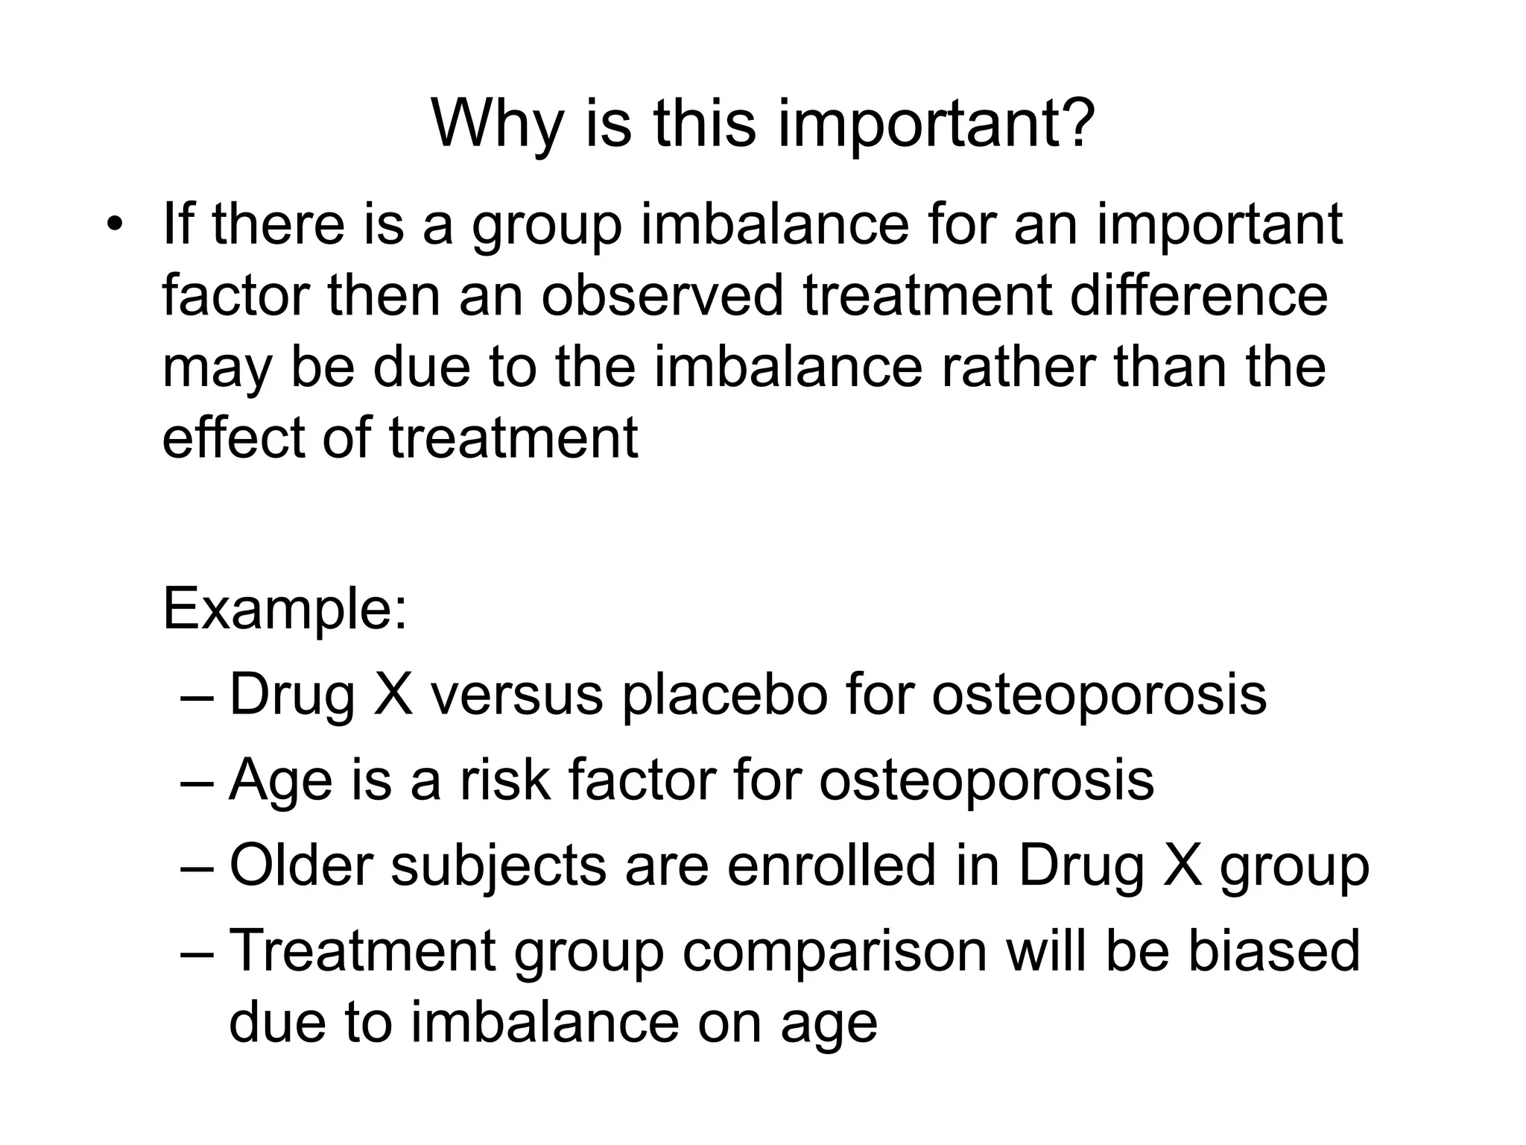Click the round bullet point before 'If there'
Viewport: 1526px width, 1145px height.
(113, 224)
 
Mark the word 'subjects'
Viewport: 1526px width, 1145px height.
(498, 867)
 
